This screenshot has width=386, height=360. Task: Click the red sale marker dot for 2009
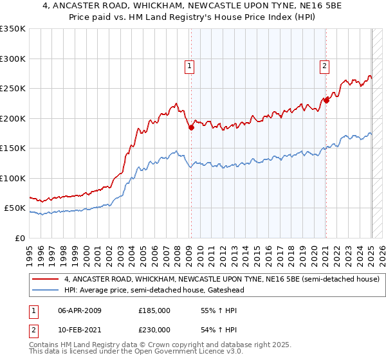pos(191,128)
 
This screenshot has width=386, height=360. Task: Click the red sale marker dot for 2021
pos(326,100)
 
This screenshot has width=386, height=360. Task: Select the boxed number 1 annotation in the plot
pos(190,65)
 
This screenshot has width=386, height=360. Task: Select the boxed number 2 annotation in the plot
pos(325,65)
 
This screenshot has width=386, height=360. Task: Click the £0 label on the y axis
pos(19,238)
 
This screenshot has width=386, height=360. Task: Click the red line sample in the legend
pos(45,280)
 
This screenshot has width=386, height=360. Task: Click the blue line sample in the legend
pos(45,291)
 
